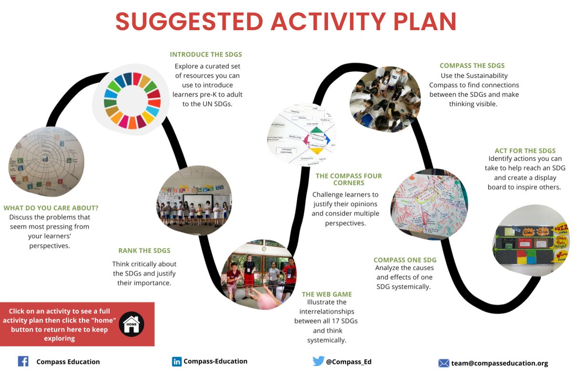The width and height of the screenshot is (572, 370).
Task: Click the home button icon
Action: (132, 324)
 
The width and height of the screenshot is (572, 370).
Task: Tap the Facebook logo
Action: (23, 361)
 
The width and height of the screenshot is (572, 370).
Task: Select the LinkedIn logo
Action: (177, 361)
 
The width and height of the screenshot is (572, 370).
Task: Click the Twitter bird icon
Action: (318, 361)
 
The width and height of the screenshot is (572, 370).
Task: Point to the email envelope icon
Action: (444, 363)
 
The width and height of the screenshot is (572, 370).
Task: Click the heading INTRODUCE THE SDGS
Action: (206, 54)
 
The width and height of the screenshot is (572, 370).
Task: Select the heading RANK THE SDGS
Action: (144, 250)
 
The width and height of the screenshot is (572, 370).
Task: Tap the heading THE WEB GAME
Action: (327, 294)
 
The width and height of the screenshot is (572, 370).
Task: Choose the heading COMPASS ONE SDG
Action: (405, 260)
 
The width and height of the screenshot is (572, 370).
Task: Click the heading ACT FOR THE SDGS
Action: (525, 151)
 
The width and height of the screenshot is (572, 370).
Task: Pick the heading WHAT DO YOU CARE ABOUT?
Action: (51, 208)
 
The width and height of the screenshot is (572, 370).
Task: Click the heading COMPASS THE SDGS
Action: (472, 66)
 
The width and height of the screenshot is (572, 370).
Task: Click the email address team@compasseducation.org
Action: (500, 363)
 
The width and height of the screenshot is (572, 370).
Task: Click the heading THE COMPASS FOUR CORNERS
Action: (348, 180)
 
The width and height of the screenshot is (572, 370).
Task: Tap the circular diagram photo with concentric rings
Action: (46, 161)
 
